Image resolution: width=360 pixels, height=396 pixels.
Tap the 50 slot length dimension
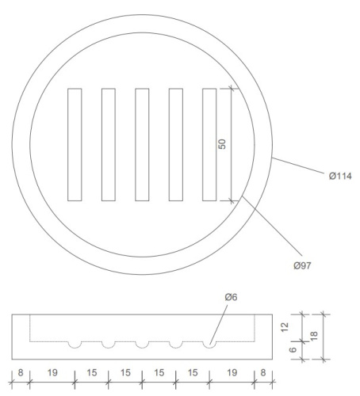[x=223, y=144]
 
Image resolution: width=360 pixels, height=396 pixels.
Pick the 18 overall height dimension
[x=314, y=337]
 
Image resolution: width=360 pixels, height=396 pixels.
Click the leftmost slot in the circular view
[x=75, y=144]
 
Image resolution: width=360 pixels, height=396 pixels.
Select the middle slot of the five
[x=142, y=144]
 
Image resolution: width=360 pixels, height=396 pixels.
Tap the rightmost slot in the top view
[x=209, y=144]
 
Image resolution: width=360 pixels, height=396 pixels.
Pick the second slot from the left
[x=109, y=144]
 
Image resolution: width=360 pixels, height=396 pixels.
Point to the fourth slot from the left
[x=176, y=144]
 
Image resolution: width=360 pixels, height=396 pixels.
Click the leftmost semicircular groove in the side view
[x=75, y=345]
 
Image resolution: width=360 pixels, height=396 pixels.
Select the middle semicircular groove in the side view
[x=142, y=345]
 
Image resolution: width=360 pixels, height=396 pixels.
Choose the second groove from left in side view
[x=109, y=345]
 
